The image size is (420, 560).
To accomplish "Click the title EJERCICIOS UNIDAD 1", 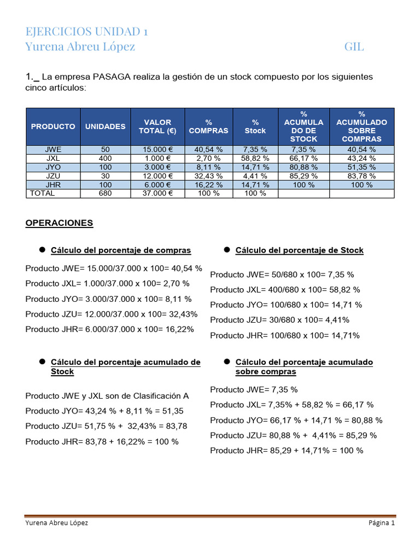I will point(86,31).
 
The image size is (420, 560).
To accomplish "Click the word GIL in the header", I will point(354,47).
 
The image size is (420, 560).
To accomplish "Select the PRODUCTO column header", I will point(53,126).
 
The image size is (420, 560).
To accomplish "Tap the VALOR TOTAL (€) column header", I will point(157,126).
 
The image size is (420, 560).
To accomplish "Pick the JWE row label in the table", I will point(53,149).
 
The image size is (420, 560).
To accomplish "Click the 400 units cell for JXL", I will point(105,158).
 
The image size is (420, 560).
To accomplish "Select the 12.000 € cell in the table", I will point(157,176).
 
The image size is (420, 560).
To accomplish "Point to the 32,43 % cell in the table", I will point(209,176).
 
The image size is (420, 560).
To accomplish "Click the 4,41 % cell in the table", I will point(255,176).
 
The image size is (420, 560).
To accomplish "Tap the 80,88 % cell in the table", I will point(304,167).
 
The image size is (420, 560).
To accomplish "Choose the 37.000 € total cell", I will point(157,194).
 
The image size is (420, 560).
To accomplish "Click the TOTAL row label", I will point(42,194).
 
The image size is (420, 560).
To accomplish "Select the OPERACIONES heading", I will point(59,223).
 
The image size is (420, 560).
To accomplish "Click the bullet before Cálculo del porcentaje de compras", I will point(42,250).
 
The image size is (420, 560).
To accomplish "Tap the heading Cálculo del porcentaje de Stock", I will point(299,250).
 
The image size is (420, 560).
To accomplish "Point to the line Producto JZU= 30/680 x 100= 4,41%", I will point(279,320).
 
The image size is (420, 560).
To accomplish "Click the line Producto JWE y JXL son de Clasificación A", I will point(107,396).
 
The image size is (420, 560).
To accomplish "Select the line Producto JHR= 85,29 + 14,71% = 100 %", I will point(287,451).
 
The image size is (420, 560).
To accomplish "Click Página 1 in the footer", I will point(381,523).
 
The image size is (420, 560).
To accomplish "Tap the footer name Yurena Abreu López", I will point(57,523).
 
